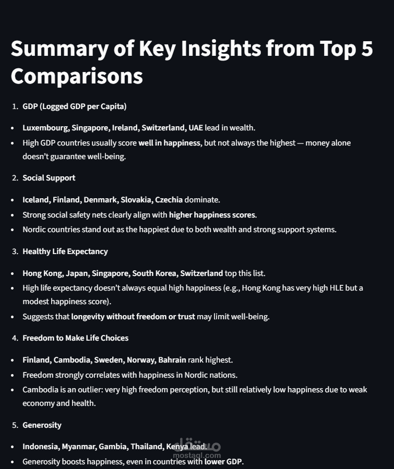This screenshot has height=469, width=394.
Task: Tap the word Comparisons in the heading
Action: coord(77,76)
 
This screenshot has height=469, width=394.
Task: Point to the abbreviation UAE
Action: coord(196,127)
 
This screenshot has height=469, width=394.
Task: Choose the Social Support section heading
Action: coord(49,178)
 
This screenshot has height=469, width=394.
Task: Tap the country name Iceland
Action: coord(35,199)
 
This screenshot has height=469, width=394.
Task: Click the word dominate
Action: coord(202,199)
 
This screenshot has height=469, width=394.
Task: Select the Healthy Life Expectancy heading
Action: coord(65,251)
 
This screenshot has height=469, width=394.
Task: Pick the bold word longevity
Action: coord(89,317)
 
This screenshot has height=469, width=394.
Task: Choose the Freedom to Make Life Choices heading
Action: coord(75,338)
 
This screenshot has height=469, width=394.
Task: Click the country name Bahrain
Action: coord(171,359)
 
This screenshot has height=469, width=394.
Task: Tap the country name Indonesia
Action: coord(40,447)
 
